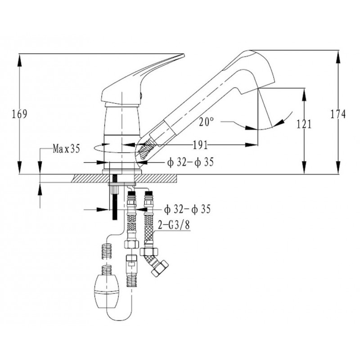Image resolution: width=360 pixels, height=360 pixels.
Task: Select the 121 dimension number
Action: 305,125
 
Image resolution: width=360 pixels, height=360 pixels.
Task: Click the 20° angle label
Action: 206,121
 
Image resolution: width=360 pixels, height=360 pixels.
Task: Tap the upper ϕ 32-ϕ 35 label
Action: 190,162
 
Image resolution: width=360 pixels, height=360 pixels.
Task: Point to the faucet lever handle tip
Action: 180,57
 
